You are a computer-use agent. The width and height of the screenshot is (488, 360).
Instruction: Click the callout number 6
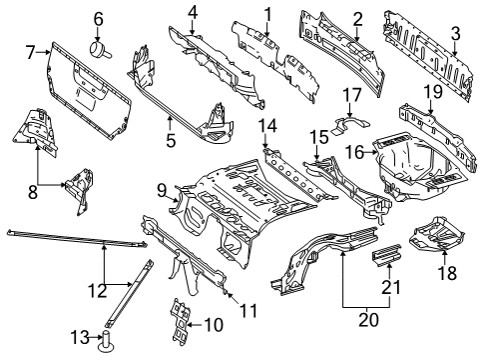pyautogui.click(x=98, y=19)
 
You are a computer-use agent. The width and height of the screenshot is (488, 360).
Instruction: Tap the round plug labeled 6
pyautogui.click(x=100, y=49)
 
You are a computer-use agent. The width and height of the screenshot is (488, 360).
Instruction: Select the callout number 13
pyautogui.click(x=80, y=337)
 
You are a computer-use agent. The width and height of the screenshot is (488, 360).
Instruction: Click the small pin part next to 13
pyautogui.click(x=107, y=341)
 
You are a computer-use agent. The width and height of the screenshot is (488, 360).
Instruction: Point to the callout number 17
pyautogui.click(x=351, y=95)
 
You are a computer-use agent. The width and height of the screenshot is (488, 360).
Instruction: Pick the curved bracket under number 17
pyautogui.click(x=351, y=125)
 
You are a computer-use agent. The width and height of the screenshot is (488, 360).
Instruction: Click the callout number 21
pyautogui.click(x=391, y=287)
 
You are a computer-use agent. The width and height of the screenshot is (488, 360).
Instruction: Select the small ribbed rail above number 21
pyautogui.click(x=386, y=255)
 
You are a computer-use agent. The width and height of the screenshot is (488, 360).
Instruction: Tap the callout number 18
pyautogui.click(x=447, y=273)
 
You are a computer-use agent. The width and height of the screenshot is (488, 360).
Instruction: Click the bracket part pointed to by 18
pyautogui.click(x=436, y=234)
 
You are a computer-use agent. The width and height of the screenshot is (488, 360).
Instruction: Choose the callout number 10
pyautogui.click(x=214, y=324)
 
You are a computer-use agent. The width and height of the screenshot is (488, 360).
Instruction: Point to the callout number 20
pyautogui.click(x=368, y=320)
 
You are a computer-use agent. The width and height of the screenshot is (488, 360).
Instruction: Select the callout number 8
pyautogui.click(x=33, y=192)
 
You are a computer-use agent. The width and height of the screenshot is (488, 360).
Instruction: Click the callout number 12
pyautogui.click(x=98, y=291)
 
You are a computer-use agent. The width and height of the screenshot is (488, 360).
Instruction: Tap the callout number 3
pyautogui.click(x=455, y=34)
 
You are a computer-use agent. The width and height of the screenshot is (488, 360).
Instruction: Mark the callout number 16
pyautogui.click(x=354, y=153)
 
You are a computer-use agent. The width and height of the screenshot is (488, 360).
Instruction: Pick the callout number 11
pyautogui.click(x=249, y=311)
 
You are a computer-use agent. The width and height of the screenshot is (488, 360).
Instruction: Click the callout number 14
pyautogui.click(x=267, y=126)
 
